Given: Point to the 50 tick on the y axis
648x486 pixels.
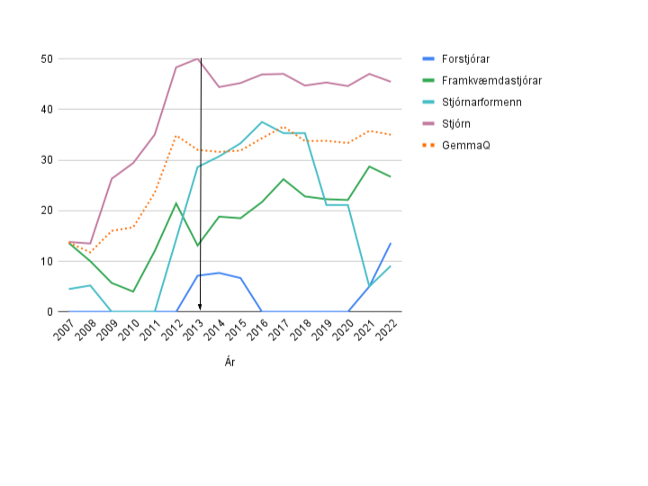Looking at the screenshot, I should tap(47, 59).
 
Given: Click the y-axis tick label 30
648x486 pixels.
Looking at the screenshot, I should tap(47, 160).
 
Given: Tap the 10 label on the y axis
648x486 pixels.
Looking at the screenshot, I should tap(47, 261).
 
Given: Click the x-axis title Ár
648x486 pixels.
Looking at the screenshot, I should tap(230, 362).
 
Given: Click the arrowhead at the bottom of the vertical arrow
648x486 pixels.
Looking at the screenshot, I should tap(200, 308).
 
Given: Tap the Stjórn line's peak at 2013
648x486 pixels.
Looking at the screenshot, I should tap(197, 58).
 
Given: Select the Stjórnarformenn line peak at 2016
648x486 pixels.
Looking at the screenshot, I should tap(262, 122).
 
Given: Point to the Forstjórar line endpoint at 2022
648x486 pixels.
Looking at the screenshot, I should tap(391, 243).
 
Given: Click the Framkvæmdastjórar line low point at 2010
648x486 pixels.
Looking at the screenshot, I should tap(133, 292).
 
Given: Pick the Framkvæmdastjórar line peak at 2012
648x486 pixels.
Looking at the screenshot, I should tap(176, 203).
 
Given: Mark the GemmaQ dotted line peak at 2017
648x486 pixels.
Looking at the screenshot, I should tap(283, 128).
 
